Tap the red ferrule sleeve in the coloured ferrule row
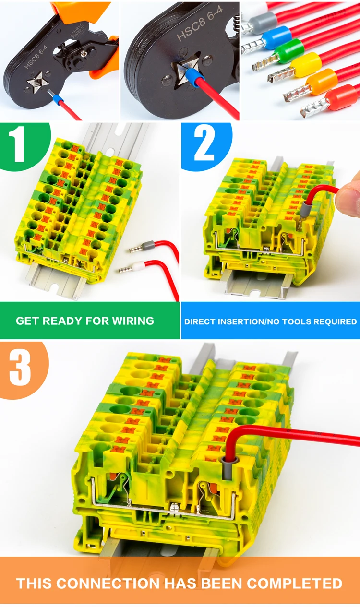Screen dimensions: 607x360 pos(341,97)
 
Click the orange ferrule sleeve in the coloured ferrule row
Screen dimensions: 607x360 pos(321,80)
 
